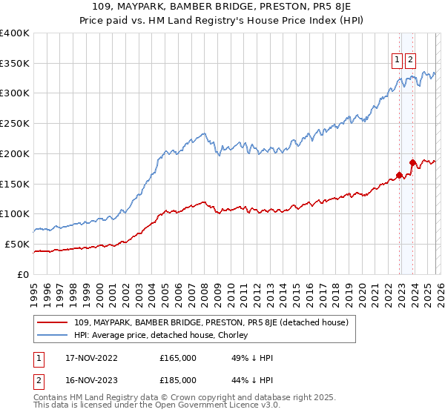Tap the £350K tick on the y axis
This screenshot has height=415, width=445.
[x=15, y=63]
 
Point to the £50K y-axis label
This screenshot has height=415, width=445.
[x=18, y=244]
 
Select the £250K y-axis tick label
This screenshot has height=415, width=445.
[x=15, y=123]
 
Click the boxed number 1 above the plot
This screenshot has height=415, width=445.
[x=397, y=61]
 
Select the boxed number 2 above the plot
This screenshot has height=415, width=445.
[x=410, y=61]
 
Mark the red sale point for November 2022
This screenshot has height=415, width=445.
[x=399, y=175]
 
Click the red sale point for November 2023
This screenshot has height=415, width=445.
[x=412, y=162]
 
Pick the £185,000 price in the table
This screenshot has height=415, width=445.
[x=178, y=382]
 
